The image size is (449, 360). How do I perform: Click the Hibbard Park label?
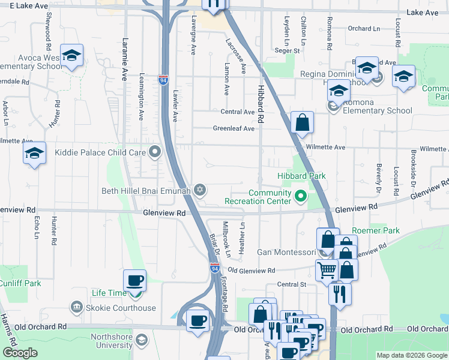(x=301, y=176)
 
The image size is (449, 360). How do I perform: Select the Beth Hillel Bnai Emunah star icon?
(x=200, y=191)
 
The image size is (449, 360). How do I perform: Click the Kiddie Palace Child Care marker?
(x=155, y=152)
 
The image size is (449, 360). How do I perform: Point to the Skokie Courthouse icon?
(x=76, y=308)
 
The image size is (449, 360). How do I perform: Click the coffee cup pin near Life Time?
(x=134, y=281)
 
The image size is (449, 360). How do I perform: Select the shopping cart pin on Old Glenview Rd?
(x=327, y=269)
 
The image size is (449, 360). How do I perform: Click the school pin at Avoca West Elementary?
(x=71, y=56)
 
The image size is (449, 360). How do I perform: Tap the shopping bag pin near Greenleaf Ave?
(x=303, y=122)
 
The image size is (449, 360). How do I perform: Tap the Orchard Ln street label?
(x=364, y=28)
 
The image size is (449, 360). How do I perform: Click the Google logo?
(x=20, y=353)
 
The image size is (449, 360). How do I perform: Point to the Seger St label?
(x=287, y=51)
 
